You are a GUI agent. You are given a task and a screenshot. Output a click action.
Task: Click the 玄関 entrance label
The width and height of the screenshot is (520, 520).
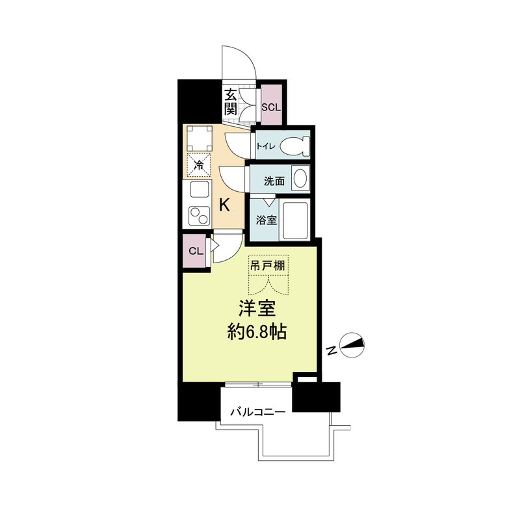(230, 102)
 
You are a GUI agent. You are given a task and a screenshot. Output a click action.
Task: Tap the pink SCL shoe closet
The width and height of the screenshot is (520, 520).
(270, 105)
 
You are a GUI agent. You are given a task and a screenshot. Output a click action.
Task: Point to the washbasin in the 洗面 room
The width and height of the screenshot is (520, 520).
(300, 178)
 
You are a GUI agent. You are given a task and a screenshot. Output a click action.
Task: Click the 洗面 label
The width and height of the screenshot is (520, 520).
(274, 181)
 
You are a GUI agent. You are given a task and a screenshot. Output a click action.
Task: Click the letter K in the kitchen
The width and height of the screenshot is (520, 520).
(224, 205)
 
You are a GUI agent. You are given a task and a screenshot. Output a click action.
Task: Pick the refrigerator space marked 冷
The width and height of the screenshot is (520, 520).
(200, 164)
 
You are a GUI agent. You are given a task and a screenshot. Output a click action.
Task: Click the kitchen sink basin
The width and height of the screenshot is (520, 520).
(198, 190)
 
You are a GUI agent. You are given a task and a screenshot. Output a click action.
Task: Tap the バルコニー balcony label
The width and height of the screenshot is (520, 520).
(258, 411)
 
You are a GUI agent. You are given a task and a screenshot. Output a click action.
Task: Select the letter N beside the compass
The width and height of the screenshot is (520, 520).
(331, 352)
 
